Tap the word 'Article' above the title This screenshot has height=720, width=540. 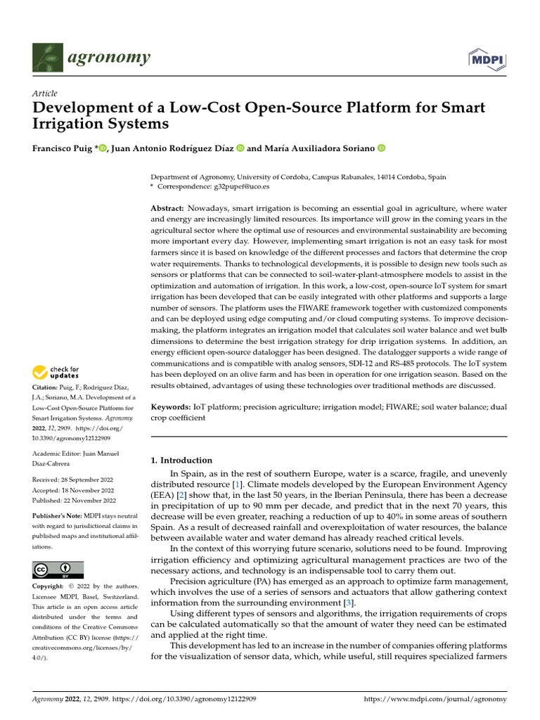45,94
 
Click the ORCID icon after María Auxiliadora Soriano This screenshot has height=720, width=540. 382,148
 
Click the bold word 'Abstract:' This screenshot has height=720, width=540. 167,209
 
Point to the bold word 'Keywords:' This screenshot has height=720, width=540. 172,407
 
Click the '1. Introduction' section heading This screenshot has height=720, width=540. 181,461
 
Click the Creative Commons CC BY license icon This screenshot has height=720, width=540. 58,570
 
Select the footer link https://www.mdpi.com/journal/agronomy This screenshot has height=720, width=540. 435,699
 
